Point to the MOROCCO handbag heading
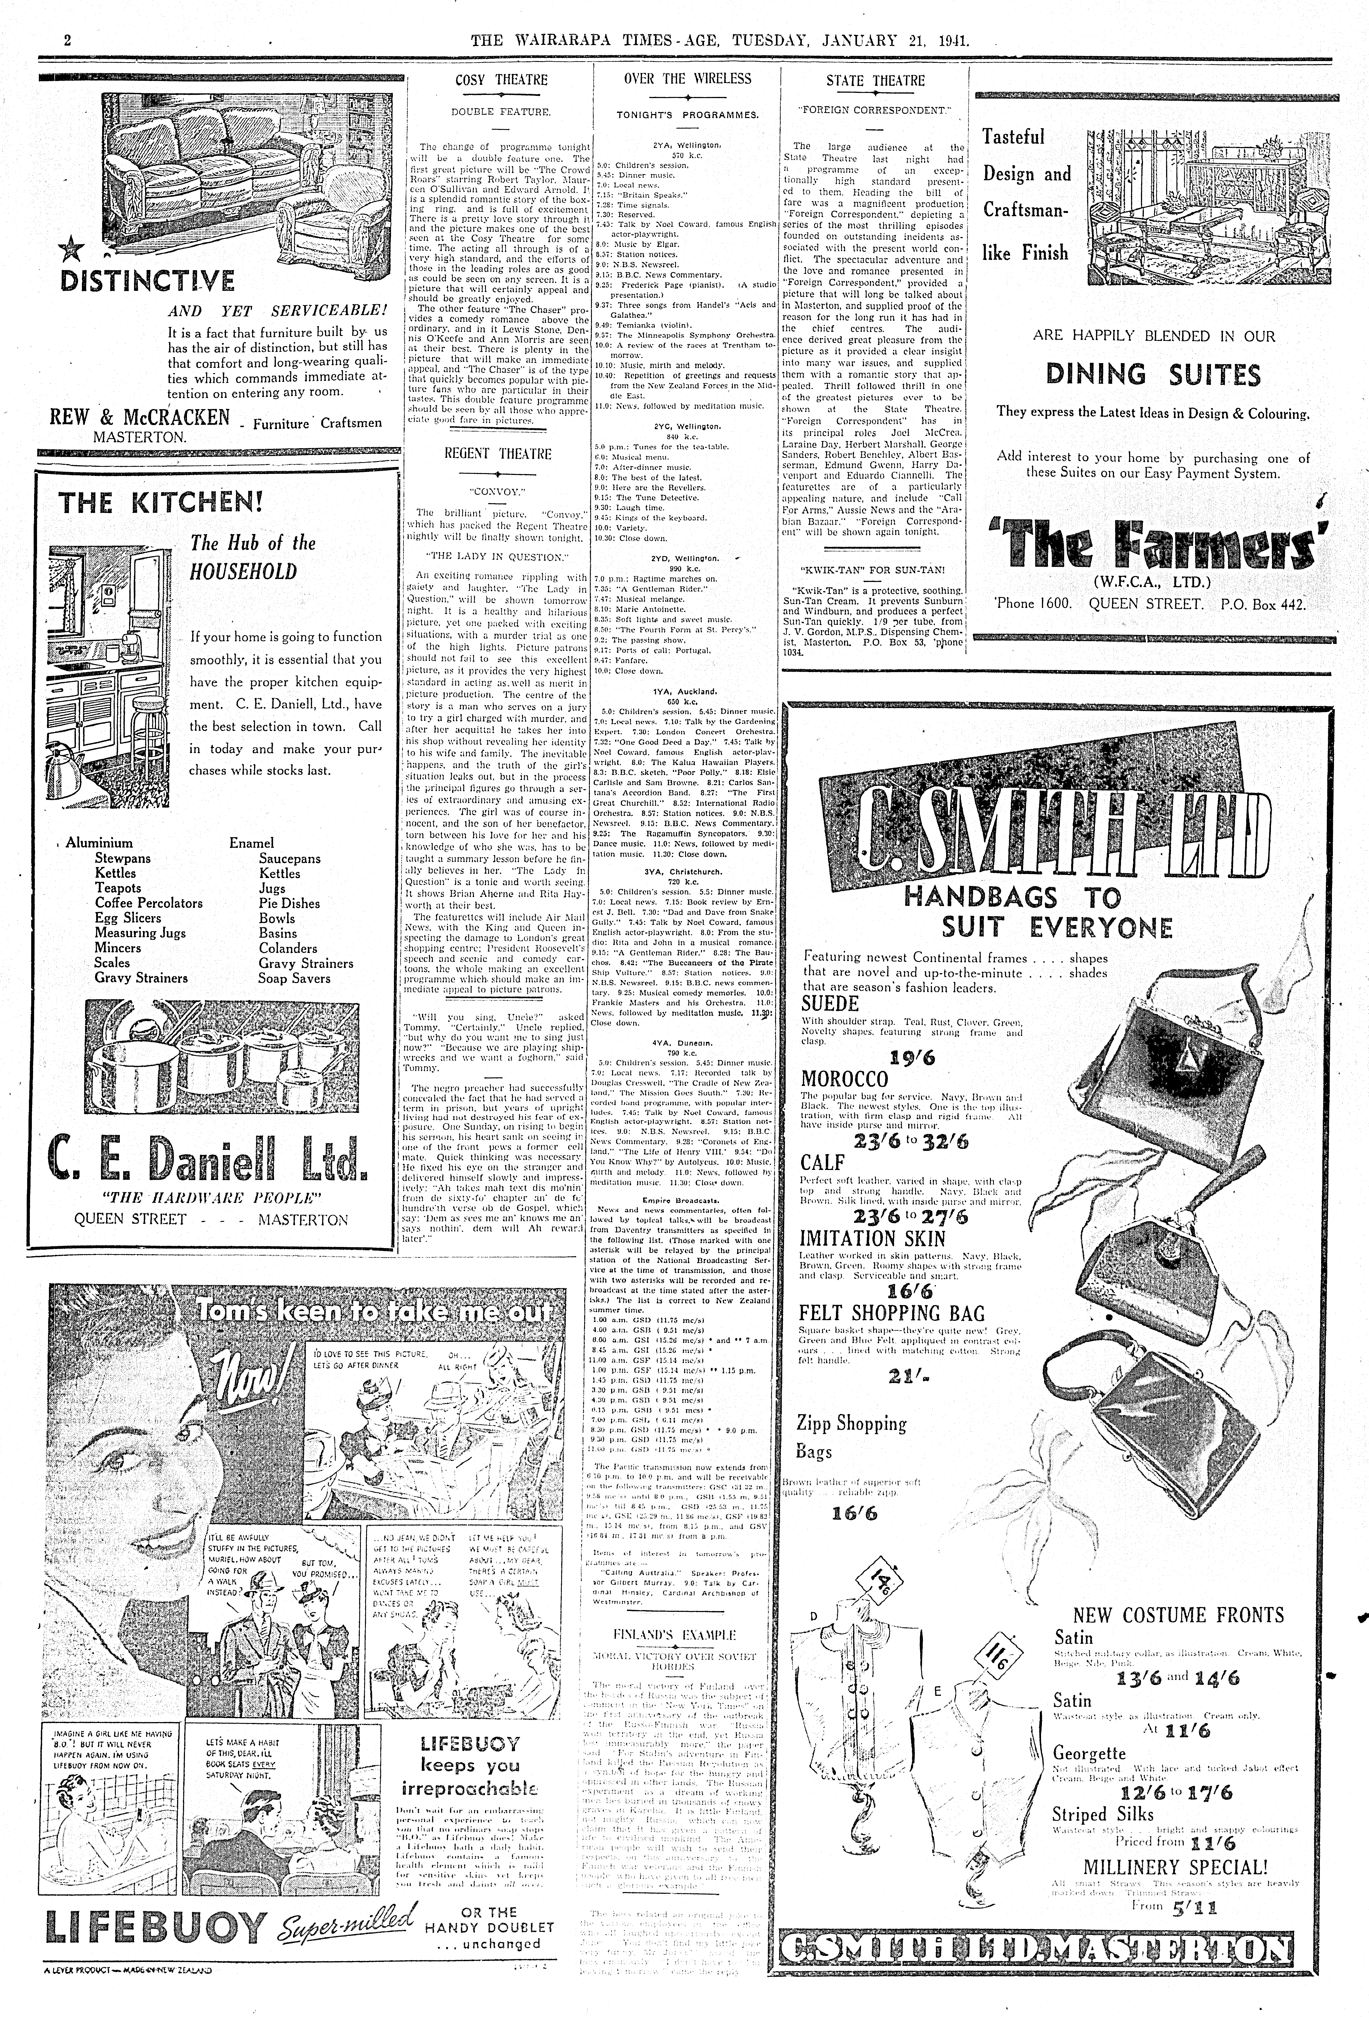(x=845, y=1080)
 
